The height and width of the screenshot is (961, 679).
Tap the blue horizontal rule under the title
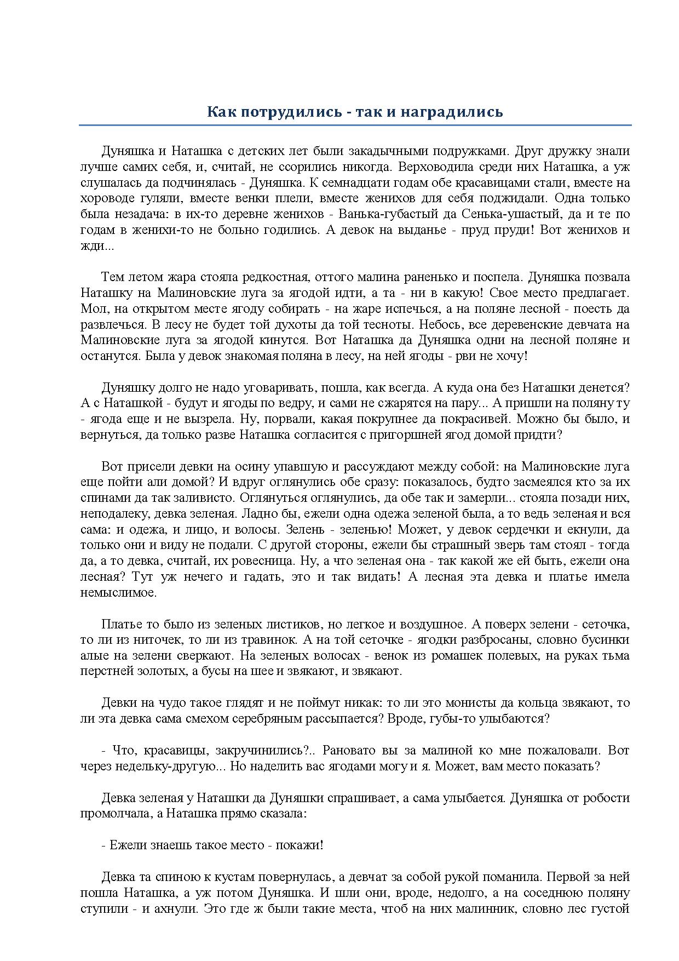pos(355,125)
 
